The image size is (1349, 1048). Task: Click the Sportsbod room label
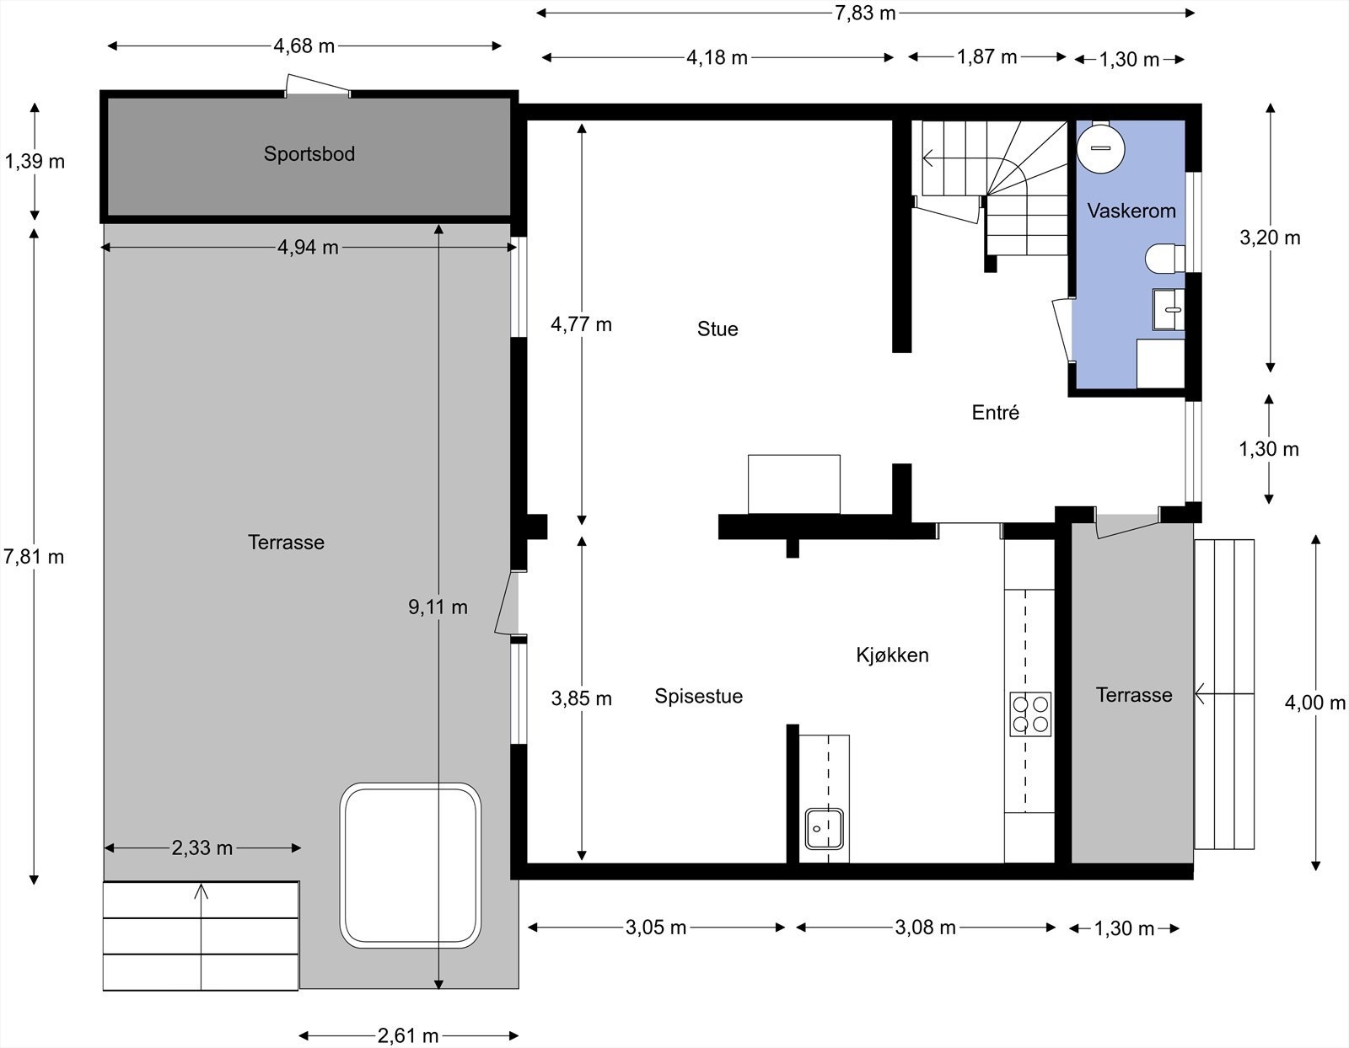click(309, 154)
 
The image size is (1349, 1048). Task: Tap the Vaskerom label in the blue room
click(1131, 211)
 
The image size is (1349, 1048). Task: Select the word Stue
click(717, 329)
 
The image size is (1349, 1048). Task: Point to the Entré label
click(995, 413)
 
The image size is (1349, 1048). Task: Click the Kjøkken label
click(892, 655)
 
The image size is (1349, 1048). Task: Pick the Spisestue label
click(698, 696)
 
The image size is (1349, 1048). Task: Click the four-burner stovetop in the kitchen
click(1030, 714)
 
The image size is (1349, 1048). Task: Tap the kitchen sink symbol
click(824, 828)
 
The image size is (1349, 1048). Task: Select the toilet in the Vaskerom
click(1164, 258)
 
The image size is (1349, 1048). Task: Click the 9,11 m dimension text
click(438, 607)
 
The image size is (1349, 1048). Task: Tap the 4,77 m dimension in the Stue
click(581, 324)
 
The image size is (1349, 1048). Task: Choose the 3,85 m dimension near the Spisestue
click(581, 698)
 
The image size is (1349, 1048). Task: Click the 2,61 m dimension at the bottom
click(408, 1035)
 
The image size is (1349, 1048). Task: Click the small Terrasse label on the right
click(1133, 695)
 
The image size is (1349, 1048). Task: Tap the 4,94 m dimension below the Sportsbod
click(308, 247)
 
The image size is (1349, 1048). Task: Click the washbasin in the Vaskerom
click(1169, 309)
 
